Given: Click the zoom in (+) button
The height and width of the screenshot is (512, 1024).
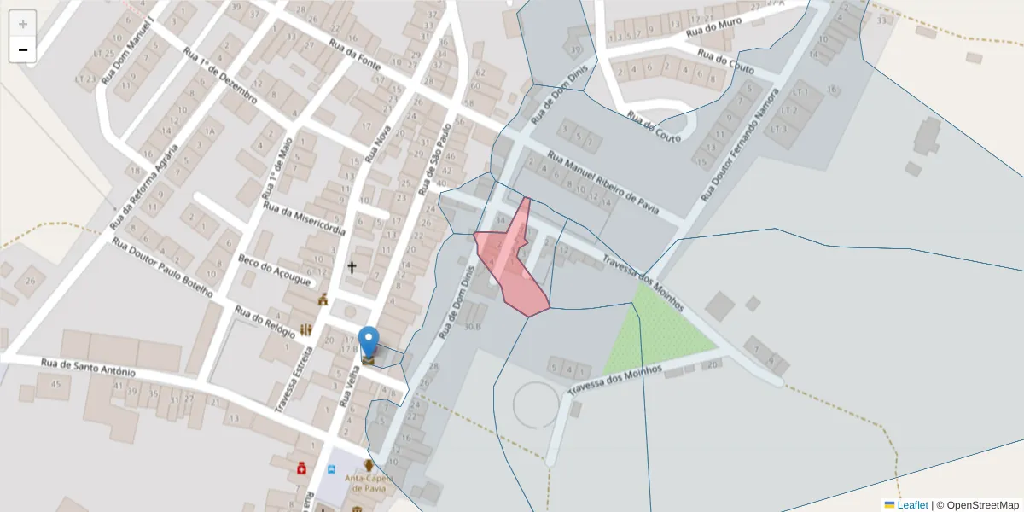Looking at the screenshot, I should [x=23, y=24].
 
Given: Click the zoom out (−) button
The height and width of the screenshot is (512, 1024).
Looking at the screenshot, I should [x=23, y=49].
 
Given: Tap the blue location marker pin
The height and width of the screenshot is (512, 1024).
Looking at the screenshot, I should [x=369, y=342].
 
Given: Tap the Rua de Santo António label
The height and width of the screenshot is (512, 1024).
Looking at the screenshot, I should [x=88, y=368].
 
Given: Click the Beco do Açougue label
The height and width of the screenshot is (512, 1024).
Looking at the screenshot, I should [x=276, y=271].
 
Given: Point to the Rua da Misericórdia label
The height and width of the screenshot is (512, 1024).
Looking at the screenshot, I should [x=304, y=218].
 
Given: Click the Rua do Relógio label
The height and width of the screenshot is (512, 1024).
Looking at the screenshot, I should [x=265, y=323].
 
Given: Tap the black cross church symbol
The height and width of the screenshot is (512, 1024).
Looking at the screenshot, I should [x=352, y=267].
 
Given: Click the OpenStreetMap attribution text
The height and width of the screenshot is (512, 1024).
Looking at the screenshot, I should [x=977, y=505].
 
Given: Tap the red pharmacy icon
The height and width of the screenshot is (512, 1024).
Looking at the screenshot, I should [x=301, y=468].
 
